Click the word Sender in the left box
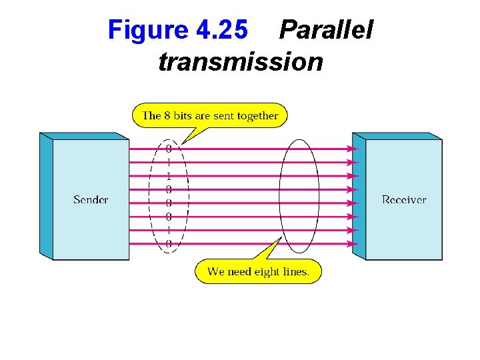click(x=91, y=199)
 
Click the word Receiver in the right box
click(x=404, y=199)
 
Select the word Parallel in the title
click(x=326, y=29)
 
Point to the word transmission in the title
click(x=241, y=62)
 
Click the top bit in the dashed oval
click(x=169, y=149)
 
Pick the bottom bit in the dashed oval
click(x=169, y=244)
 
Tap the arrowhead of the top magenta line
click(x=354, y=149)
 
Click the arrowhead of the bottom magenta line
click(x=354, y=244)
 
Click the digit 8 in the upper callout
click(x=167, y=115)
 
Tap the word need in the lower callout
click(x=239, y=271)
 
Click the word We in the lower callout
click(x=215, y=271)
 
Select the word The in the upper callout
click(x=152, y=115)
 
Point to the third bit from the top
click(x=169, y=176)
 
